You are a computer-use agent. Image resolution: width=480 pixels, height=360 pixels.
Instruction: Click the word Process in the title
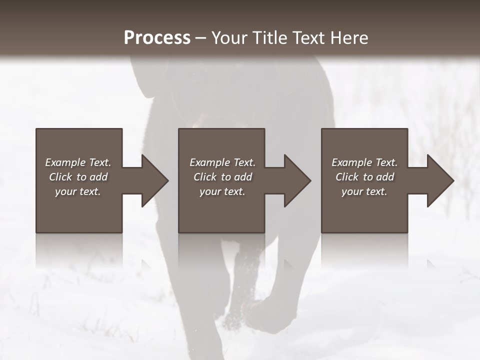(157, 38)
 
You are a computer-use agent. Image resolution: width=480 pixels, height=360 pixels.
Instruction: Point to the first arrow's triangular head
(154, 180)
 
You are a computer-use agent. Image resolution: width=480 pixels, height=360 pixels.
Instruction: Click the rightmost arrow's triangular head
(440, 180)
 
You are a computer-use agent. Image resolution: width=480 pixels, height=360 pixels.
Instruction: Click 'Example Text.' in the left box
(78, 162)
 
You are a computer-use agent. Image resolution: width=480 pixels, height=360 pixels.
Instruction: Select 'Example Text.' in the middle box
(222, 162)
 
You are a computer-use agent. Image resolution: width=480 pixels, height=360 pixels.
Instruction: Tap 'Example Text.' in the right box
(364, 162)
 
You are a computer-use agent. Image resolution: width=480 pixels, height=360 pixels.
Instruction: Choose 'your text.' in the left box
(78, 191)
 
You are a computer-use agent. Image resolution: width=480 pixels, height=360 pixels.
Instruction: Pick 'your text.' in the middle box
(222, 191)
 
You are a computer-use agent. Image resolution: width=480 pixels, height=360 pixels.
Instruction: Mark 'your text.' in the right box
(364, 191)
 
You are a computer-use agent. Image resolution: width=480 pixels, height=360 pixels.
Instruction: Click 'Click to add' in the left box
(78, 177)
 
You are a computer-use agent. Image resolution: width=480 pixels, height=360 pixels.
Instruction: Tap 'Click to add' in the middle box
(222, 177)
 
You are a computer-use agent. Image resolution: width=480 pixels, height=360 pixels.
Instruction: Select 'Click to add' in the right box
(364, 177)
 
